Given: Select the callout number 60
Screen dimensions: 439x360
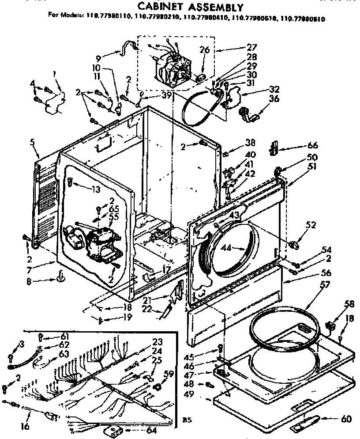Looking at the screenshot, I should [346, 419].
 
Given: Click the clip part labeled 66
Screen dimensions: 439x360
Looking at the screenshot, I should [273, 148].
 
